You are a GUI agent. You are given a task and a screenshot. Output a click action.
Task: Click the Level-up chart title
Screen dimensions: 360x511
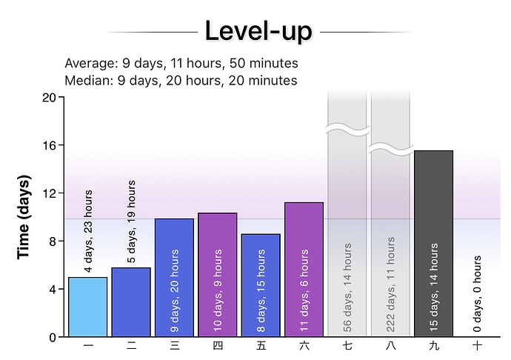click(x=258, y=31)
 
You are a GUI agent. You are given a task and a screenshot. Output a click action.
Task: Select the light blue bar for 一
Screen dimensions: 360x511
click(x=87, y=307)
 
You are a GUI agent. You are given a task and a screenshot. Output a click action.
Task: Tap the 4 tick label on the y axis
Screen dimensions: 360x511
click(x=53, y=290)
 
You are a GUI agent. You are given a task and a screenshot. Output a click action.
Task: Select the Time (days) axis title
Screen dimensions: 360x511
click(x=24, y=217)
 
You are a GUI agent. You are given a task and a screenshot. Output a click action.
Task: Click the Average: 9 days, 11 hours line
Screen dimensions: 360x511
click(x=181, y=63)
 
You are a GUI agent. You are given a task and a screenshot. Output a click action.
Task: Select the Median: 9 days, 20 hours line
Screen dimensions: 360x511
click(x=181, y=80)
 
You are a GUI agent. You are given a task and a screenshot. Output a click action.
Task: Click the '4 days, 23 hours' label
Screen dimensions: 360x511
click(x=88, y=231)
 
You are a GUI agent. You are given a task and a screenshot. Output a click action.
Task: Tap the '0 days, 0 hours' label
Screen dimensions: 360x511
click(x=478, y=294)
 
